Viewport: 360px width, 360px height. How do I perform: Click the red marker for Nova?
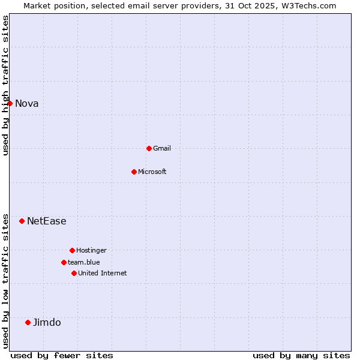(x=10, y=103)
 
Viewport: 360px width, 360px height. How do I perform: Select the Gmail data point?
(x=149, y=148)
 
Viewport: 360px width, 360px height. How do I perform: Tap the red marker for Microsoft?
(x=134, y=172)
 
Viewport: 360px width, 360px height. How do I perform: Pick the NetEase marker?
(x=22, y=221)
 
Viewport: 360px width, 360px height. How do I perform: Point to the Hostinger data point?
(x=72, y=250)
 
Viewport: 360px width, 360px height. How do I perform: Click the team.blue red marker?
(x=64, y=262)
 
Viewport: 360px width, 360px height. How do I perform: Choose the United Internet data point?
(x=74, y=273)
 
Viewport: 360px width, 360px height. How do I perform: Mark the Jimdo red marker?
(x=28, y=322)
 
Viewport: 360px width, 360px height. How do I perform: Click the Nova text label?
(x=27, y=103)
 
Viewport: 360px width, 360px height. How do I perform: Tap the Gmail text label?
(x=162, y=148)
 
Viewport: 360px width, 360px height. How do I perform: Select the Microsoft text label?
(x=152, y=172)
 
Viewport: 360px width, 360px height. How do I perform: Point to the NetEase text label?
(x=47, y=221)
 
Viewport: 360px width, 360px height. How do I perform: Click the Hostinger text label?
(x=91, y=250)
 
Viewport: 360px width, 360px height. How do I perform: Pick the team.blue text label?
(x=84, y=262)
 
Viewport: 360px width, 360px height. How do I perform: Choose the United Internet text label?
(x=103, y=273)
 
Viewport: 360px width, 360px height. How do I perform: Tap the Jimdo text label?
(x=47, y=322)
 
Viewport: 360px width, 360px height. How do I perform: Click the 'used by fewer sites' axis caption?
(x=62, y=355)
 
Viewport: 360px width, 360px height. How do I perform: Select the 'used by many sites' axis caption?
(x=301, y=355)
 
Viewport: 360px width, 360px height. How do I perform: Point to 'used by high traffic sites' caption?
(x=5, y=85)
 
